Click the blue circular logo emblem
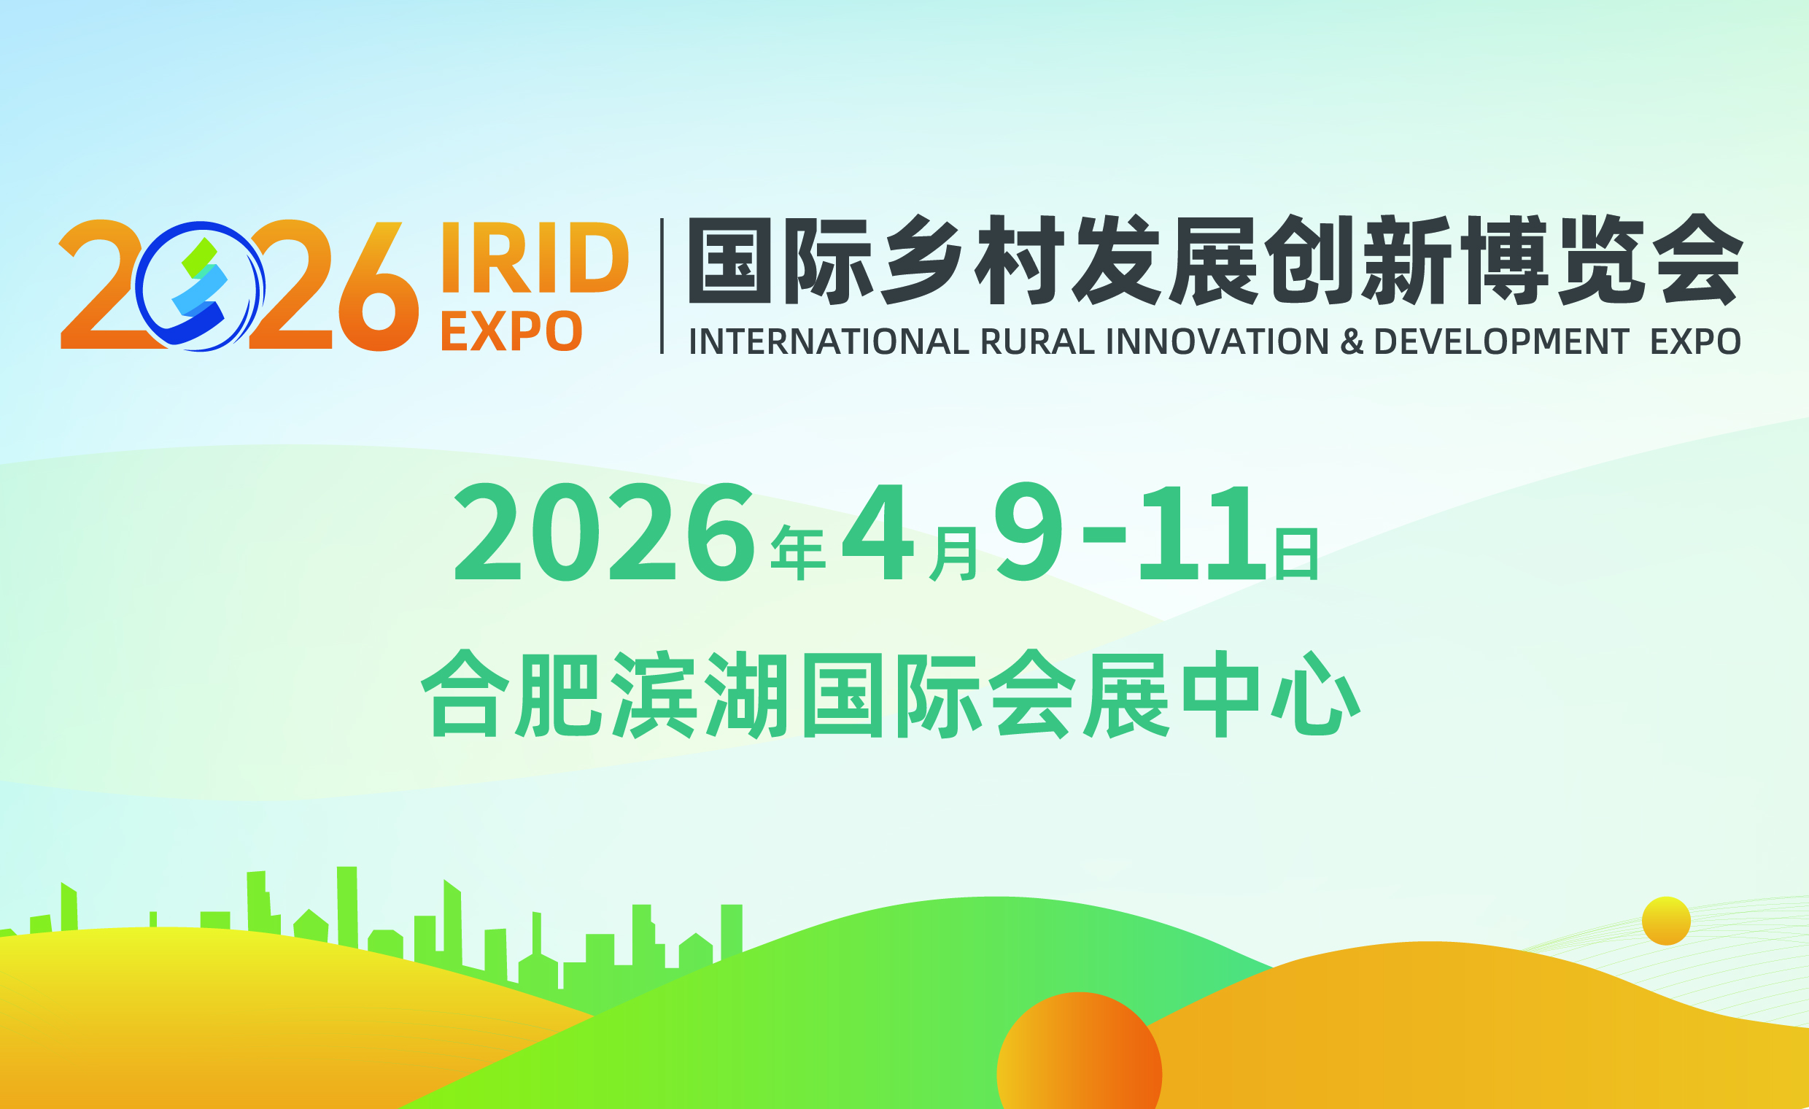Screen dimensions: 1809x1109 click(200, 287)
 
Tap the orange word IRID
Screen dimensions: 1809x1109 click(535, 257)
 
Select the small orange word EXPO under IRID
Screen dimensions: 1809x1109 click(512, 331)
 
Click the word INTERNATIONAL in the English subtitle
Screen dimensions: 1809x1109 click(829, 341)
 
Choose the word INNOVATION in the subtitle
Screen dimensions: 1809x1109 click(1217, 341)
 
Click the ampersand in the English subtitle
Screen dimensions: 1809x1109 click(1352, 341)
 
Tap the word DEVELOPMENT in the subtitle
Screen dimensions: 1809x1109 click(1501, 341)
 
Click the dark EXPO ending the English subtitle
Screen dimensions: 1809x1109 click(1695, 341)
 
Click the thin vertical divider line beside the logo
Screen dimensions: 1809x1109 click(662, 286)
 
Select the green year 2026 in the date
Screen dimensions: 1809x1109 click(604, 532)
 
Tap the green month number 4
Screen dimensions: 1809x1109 click(878, 532)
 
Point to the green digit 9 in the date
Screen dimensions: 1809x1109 click(1029, 532)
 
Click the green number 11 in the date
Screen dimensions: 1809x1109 click(1203, 533)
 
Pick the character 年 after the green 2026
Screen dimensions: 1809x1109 click(798, 553)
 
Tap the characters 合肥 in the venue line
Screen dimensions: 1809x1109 click(511, 693)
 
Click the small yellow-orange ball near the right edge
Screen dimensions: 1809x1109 click(1667, 921)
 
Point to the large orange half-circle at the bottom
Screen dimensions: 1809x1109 click(1080, 1051)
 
